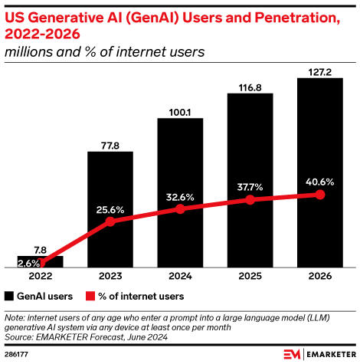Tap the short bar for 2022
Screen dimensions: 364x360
41,261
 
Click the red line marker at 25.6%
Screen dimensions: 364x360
110,221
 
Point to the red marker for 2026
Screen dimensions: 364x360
319,195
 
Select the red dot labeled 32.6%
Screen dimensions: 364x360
180,208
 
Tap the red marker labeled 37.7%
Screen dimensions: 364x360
250,199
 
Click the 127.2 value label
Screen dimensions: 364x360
319,72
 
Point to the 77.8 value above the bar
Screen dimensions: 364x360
110,144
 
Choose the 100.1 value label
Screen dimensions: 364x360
180,112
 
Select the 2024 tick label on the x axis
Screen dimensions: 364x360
180,277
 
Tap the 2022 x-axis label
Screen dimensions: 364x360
41,277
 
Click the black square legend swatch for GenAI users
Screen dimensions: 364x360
9,295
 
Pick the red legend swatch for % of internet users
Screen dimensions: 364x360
90,295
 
